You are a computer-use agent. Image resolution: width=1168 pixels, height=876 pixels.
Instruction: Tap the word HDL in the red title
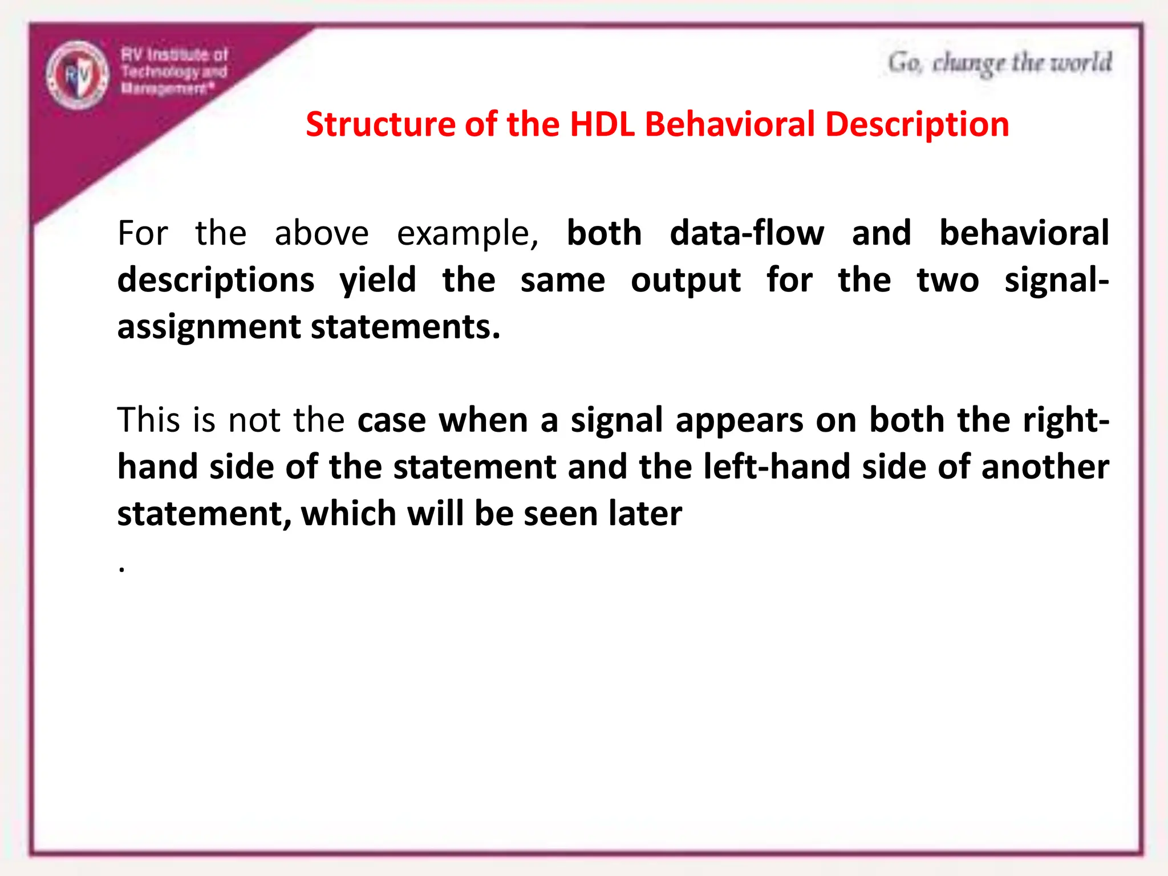602,124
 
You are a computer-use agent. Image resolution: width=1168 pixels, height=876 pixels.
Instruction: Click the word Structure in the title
380,124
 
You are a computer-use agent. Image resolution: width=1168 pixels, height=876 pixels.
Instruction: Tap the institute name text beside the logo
174,71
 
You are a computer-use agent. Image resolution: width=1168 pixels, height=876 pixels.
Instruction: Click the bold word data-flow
747,233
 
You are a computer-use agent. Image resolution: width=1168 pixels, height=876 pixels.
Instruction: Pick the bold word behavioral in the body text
1024,233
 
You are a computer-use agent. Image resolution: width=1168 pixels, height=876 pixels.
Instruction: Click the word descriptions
216,281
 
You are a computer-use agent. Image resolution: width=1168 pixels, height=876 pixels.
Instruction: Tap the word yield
378,281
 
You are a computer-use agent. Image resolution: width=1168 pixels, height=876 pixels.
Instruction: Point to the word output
686,281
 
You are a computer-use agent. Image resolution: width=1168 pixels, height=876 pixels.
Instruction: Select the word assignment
209,327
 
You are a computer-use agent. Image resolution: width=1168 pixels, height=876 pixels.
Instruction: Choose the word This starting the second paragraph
148,420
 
